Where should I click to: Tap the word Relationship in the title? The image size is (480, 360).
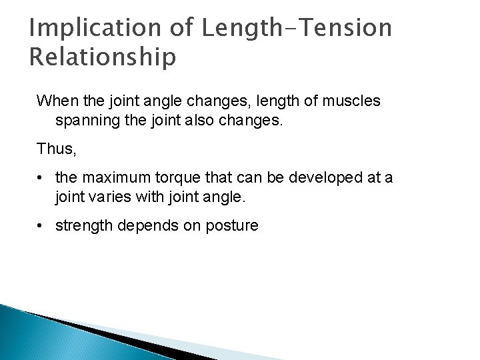point(103,57)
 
